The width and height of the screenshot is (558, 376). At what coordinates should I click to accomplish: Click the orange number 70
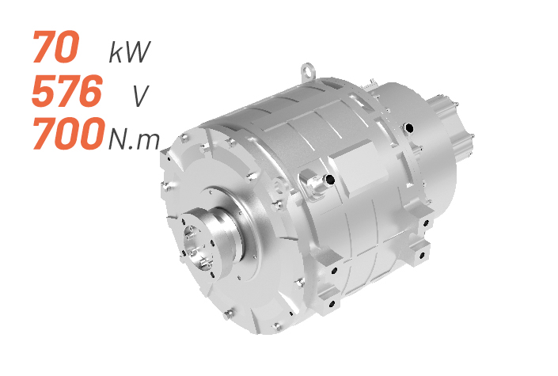[x=55, y=47]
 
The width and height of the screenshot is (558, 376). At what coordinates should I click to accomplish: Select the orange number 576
[x=67, y=90]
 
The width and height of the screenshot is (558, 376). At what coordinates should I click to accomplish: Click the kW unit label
[x=130, y=52]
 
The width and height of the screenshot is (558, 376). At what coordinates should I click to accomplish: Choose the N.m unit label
[x=134, y=139]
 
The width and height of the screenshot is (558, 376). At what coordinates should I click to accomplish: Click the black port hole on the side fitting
[x=330, y=180]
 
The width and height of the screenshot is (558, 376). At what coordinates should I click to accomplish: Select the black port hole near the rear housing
[x=409, y=127]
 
